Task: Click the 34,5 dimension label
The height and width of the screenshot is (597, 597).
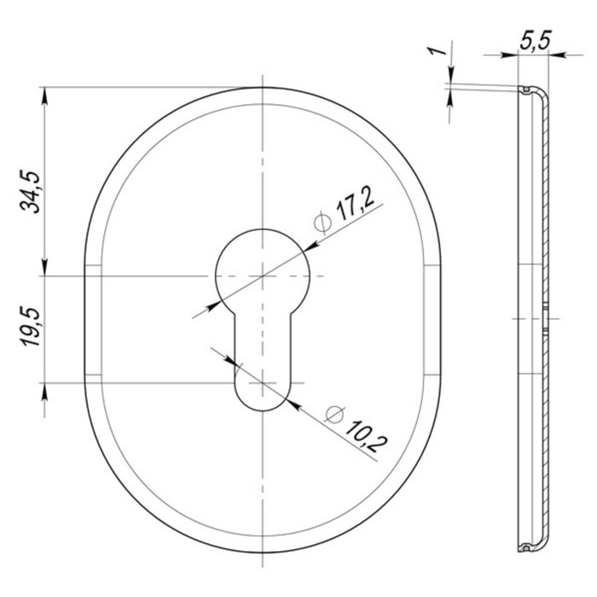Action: coord(30,192)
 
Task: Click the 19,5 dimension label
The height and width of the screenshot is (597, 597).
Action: coord(31,327)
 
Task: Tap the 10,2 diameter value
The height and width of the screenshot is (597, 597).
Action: coord(366,436)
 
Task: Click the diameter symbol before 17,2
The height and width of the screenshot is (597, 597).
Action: coord(322,222)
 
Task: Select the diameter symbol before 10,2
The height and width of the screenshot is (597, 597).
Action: coord(334,414)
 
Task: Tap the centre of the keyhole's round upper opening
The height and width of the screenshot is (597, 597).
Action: coord(263,275)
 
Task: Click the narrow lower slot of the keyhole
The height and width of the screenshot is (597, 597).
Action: coord(263,362)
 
